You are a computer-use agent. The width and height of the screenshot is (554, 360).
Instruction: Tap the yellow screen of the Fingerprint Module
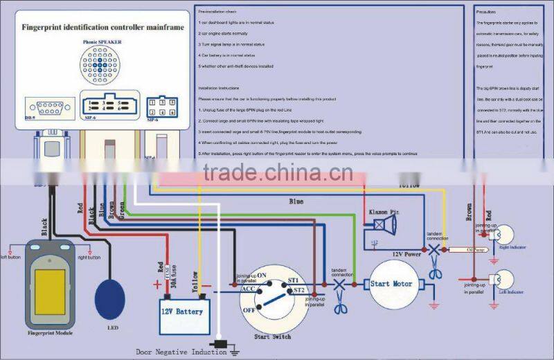50,289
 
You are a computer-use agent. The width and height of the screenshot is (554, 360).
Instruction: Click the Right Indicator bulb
505,235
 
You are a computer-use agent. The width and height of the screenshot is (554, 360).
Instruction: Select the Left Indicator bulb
505,281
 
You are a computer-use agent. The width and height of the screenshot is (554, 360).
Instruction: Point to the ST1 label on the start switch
293,280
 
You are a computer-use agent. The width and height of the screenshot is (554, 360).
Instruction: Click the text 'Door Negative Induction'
181,352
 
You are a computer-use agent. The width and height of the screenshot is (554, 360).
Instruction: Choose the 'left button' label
13,255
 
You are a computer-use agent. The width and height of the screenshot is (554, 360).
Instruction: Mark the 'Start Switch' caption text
272,336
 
